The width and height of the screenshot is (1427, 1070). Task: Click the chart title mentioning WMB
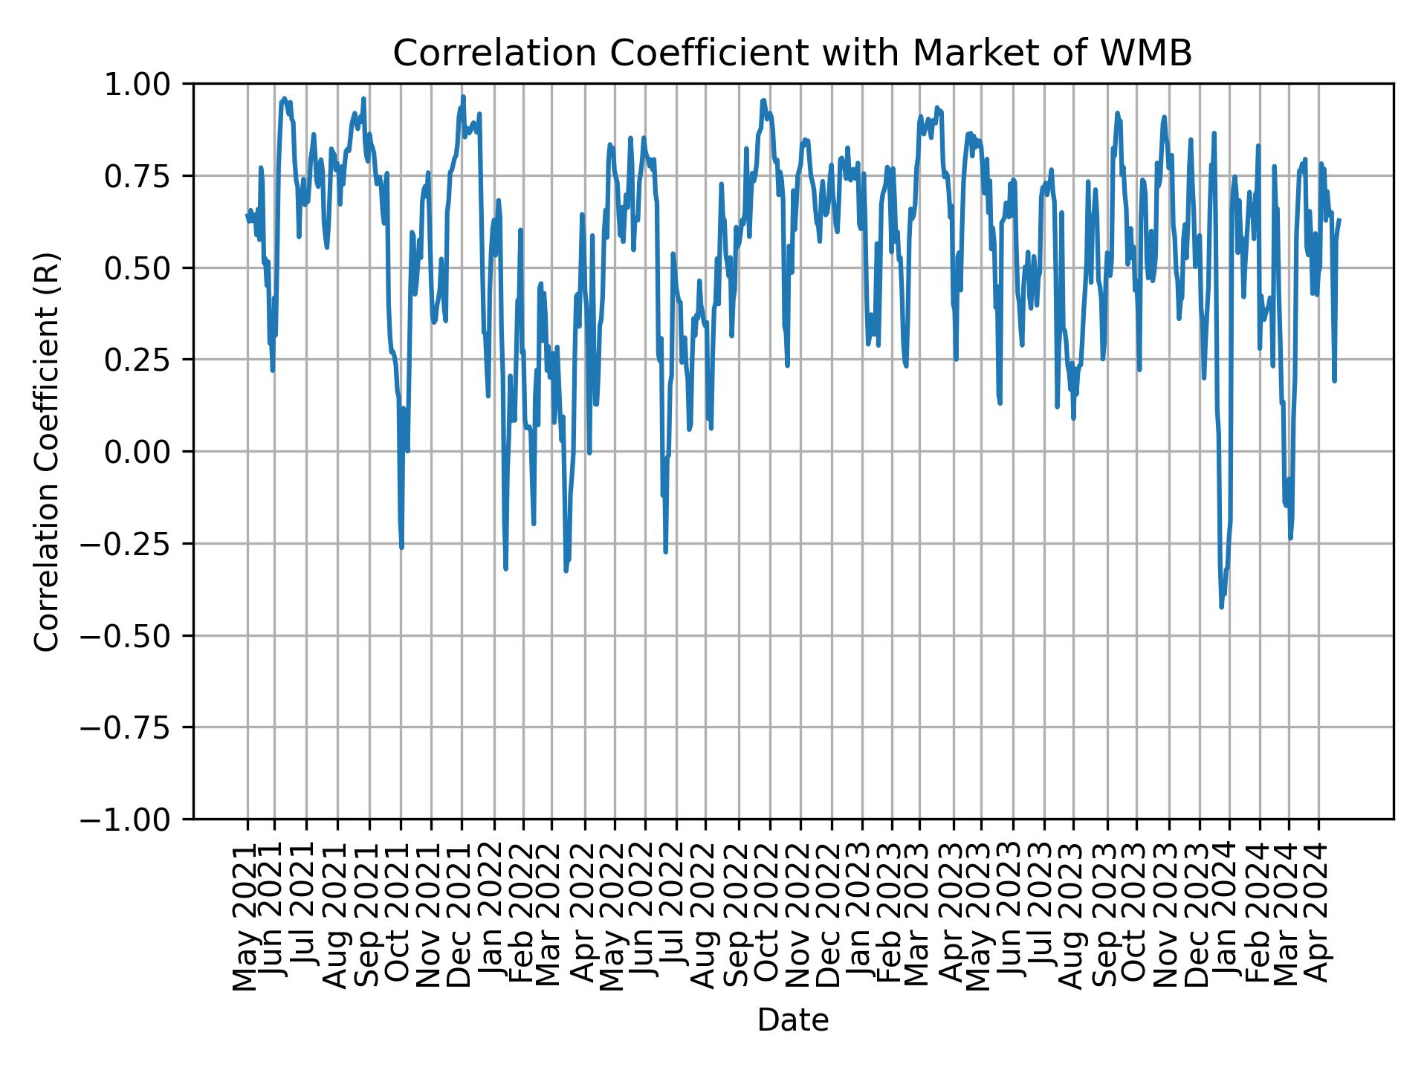[792, 53]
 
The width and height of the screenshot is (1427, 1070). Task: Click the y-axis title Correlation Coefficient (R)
[48, 451]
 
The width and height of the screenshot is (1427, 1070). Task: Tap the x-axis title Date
[792, 1020]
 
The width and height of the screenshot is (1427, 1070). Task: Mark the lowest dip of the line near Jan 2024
[1221, 607]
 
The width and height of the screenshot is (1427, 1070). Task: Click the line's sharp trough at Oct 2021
[402, 548]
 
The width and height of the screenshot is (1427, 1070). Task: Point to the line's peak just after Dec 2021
[462, 97]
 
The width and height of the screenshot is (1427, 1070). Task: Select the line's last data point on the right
[1339, 220]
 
